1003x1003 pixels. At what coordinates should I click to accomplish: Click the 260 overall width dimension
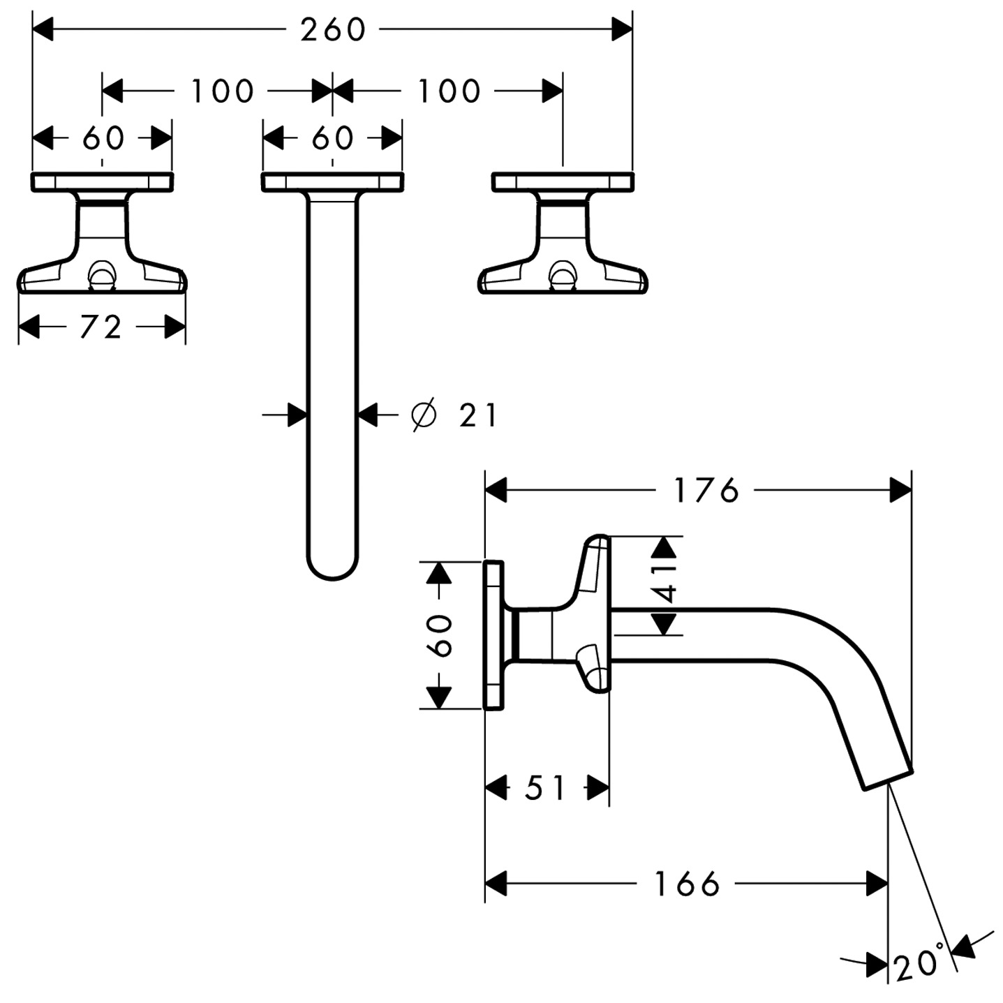click(333, 30)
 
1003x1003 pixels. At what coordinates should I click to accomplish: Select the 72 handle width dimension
click(101, 327)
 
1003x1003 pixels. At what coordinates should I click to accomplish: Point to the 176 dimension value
click(706, 491)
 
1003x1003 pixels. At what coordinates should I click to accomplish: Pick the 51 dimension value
click(545, 789)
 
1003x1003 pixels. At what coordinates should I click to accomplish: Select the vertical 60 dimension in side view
click(440, 635)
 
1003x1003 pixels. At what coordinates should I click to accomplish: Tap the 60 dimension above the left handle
click(103, 138)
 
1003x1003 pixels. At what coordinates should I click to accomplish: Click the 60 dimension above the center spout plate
click(332, 138)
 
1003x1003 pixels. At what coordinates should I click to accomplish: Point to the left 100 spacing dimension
click(222, 91)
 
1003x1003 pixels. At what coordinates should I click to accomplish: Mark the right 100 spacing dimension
click(449, 91)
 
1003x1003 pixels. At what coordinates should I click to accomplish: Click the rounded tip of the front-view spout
click(332, 569)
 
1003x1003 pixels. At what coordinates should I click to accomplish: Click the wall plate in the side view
click(493, 634)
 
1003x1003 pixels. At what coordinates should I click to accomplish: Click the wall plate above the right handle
click(563, 181)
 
